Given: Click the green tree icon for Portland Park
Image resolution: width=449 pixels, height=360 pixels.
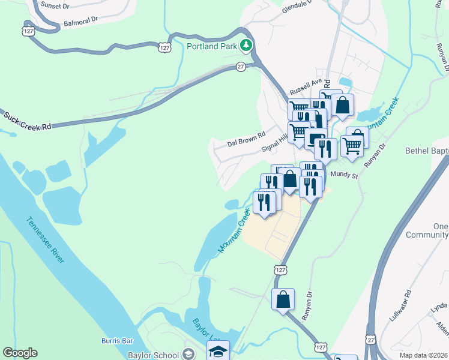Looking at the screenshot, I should click(x=246, y=45).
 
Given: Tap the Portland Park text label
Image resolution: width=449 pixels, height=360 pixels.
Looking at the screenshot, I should click(x=212, y=46).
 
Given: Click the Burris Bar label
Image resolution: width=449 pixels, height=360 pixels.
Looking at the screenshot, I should click(x=116, y=341).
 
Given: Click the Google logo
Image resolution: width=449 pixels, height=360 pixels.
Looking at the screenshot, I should click(x=20, y=353).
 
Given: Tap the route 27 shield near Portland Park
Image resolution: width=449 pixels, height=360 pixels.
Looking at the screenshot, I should click(x=241, y=67).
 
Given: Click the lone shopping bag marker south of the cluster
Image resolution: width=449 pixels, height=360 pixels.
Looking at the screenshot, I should click(x=283, y=298).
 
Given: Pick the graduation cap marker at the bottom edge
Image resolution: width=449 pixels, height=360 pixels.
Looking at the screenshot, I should click(x=218, y=351).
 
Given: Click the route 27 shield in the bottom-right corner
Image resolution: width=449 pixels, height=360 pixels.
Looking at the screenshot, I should click(x=372, y=340).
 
